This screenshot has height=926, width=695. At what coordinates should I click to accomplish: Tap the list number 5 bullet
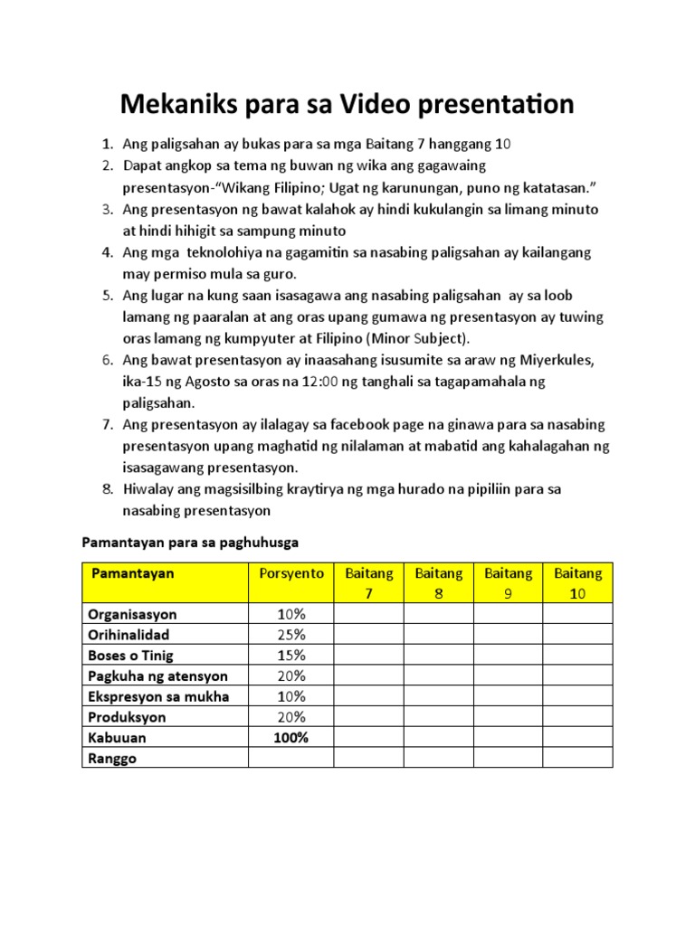tap(106, 296)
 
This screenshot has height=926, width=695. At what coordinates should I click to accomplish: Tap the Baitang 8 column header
tap(438, 583)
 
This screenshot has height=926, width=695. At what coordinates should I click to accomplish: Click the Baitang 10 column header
tap(577, 583)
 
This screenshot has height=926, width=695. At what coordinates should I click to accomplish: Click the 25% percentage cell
tap(290, 635)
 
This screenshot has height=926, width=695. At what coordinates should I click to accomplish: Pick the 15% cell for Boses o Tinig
tap(290, 656)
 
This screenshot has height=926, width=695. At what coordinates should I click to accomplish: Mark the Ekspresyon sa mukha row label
tap(158, 696)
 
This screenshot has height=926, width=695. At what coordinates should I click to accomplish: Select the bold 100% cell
tap(290, 737)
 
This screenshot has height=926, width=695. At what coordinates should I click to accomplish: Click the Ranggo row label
tap(112, 758)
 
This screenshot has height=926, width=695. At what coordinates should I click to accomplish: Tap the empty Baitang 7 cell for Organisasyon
tap(368, 615)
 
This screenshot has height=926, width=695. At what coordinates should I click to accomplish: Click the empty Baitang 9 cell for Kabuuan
tap(508, 737)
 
